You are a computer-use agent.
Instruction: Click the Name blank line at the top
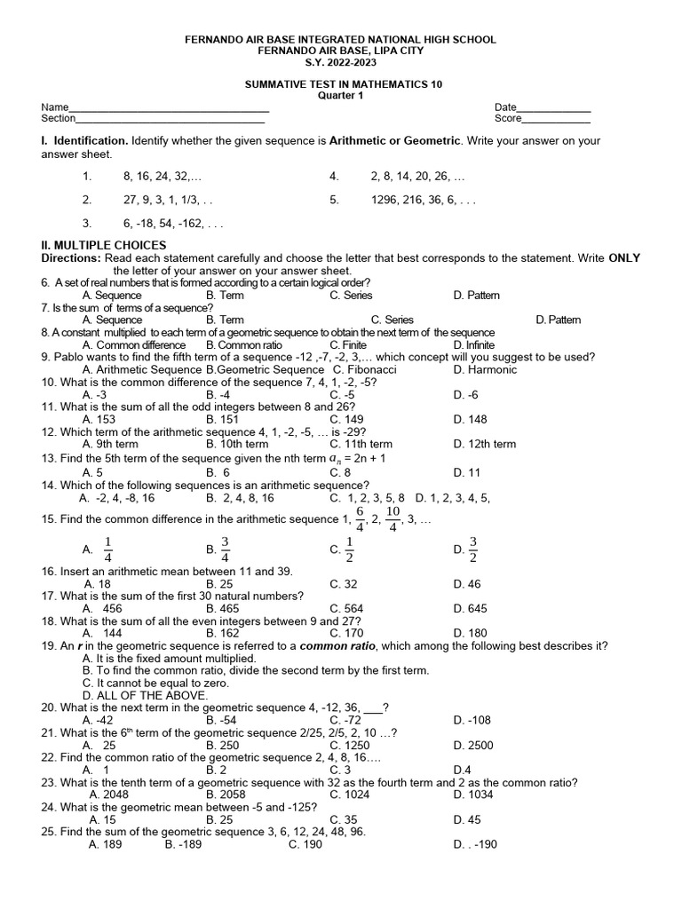(169, 110)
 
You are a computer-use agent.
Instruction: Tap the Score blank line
(556, 122)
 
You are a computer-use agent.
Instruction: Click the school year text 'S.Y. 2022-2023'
(341, 62)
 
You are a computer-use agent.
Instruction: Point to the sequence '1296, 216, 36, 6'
(423, 201)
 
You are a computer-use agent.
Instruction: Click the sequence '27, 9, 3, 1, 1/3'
(168, 201)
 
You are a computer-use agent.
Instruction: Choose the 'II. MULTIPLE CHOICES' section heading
(104, 245)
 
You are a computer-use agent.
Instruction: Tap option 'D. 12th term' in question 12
(484, 444)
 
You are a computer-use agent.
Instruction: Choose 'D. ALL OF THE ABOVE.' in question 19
(144, 695)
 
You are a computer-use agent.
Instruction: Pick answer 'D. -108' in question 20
(472, 720)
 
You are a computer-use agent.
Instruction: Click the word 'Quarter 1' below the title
(341, 96)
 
